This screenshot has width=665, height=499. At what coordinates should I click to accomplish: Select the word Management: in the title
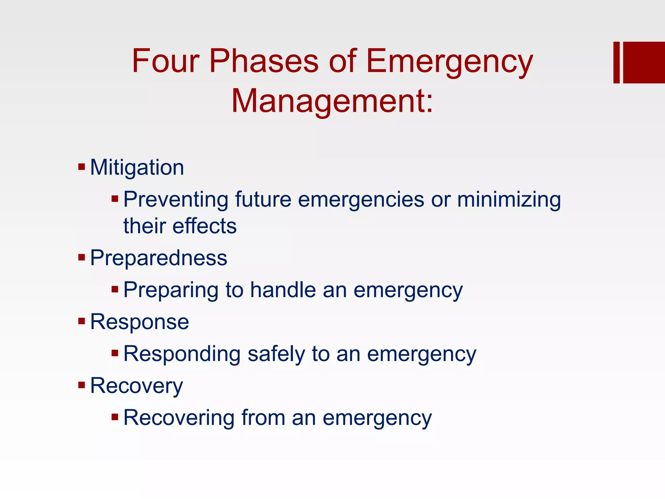332,101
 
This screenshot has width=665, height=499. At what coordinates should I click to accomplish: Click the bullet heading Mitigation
137,168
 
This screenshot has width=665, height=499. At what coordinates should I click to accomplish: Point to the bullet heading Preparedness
158,258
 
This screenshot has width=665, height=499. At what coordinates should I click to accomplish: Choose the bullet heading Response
139,322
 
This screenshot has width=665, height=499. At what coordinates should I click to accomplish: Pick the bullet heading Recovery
136,386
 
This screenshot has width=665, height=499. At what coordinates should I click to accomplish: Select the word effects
205,226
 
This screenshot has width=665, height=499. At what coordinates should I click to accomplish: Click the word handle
283,290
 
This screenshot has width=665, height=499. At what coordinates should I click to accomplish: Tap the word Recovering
179,418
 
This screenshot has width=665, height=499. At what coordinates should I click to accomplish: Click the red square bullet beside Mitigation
82,168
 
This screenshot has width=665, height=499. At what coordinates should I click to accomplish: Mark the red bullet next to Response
82,322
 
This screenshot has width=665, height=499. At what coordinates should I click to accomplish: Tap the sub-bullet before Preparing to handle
115,289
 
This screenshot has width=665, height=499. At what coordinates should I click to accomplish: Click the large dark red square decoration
644,62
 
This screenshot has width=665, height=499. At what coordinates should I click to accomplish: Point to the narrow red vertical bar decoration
616,62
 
